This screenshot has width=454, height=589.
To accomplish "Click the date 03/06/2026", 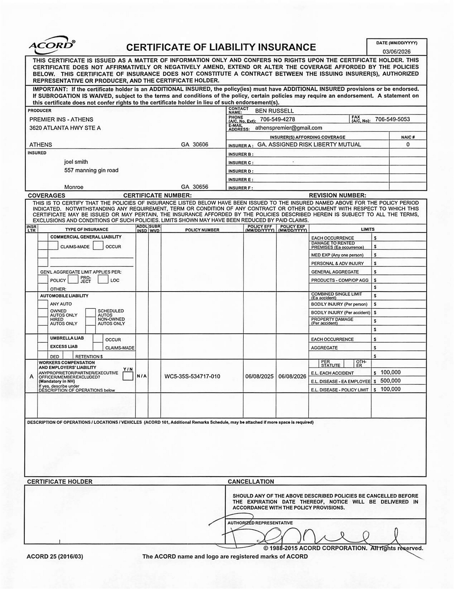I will point(397,52).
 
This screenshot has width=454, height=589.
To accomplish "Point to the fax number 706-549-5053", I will point(392,119).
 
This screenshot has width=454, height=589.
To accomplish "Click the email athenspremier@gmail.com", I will point(288,128).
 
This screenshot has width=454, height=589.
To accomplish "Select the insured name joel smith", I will point(76,162).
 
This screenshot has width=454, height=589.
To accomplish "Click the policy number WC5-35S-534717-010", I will point(192,376).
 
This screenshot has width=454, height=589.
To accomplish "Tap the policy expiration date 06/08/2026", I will point(292,376).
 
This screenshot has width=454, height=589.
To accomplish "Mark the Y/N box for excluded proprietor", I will point(128,376).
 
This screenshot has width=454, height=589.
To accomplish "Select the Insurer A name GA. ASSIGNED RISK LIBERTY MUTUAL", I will point(309,145).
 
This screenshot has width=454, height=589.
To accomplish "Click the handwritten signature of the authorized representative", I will point(310,537).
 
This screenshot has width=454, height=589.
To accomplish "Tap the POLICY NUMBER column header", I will point(202,230).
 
